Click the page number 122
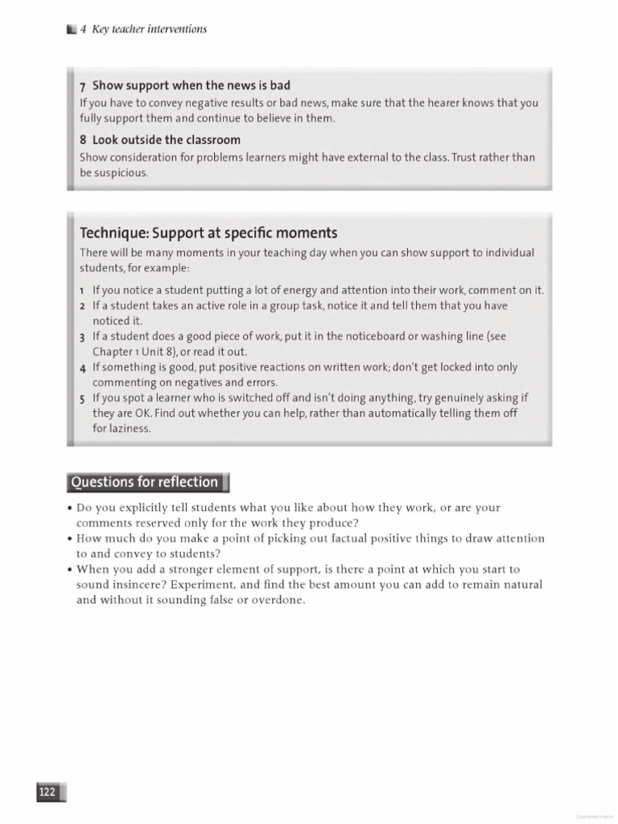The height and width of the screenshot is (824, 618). click(x=47, y=793)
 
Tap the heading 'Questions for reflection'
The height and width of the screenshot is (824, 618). click(x=145, y=482)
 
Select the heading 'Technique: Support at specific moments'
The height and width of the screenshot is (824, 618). click(x=208, y=233)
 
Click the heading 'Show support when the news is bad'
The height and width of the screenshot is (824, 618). click(x=191, y=85)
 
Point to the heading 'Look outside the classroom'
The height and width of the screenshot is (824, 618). click(x=166, y=140)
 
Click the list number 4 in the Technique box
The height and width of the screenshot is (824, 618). click(x=83, y=368)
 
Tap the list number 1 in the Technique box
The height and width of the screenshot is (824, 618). click(x=82, y=290)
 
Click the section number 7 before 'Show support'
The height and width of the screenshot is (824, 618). click(x=83, y=86)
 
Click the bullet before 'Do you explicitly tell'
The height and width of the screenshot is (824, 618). click(x=70, y=509)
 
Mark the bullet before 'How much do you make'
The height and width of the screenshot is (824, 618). click(x=70, y=539)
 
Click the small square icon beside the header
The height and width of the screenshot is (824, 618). click(x=72, y=30)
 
